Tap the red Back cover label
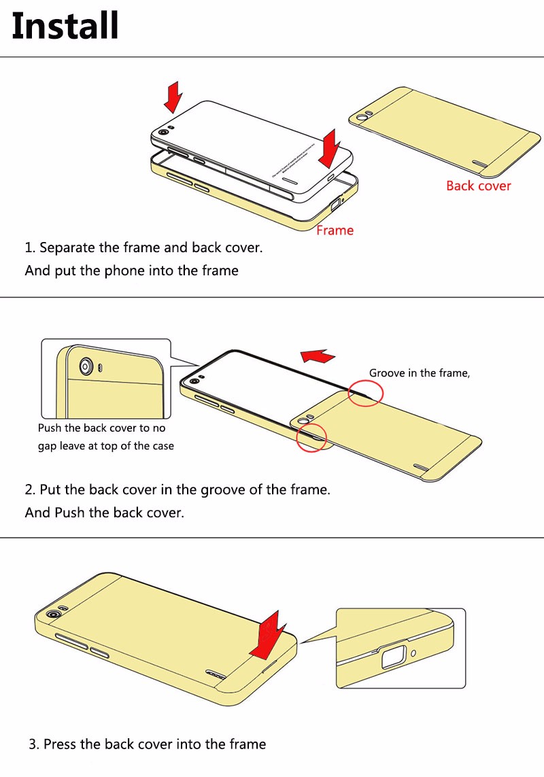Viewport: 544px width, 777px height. pyautogui.click(x=478, y=186)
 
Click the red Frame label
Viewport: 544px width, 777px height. pyautogui.click(x=335, y=230)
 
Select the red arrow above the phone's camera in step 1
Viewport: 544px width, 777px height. pyautogui.click(x=173, y=97)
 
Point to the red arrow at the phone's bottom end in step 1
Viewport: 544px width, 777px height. pyautogui.click(x=331, y=149)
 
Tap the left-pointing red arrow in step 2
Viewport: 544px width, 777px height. pyautogui.click(x=318, y=356)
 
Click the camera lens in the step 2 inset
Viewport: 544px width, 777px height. pyautogui.click(x=87, y=367)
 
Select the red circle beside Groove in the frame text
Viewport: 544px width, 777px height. pyautogui.click(x=365, y=393)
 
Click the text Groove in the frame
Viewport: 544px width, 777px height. pyautogui.click(x=419, y=373)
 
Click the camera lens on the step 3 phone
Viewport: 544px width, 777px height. pyautogui.click(x=52, y=615)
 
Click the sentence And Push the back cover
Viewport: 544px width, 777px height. pyautogui.click(x=104, y=513)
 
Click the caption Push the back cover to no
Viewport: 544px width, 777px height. pyautogui.click(x=101, y=428)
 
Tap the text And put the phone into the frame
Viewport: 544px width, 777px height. pyautogui.click(x=131, y=271)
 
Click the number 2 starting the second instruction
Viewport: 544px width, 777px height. pyautogui.click(x=29, y=489)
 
